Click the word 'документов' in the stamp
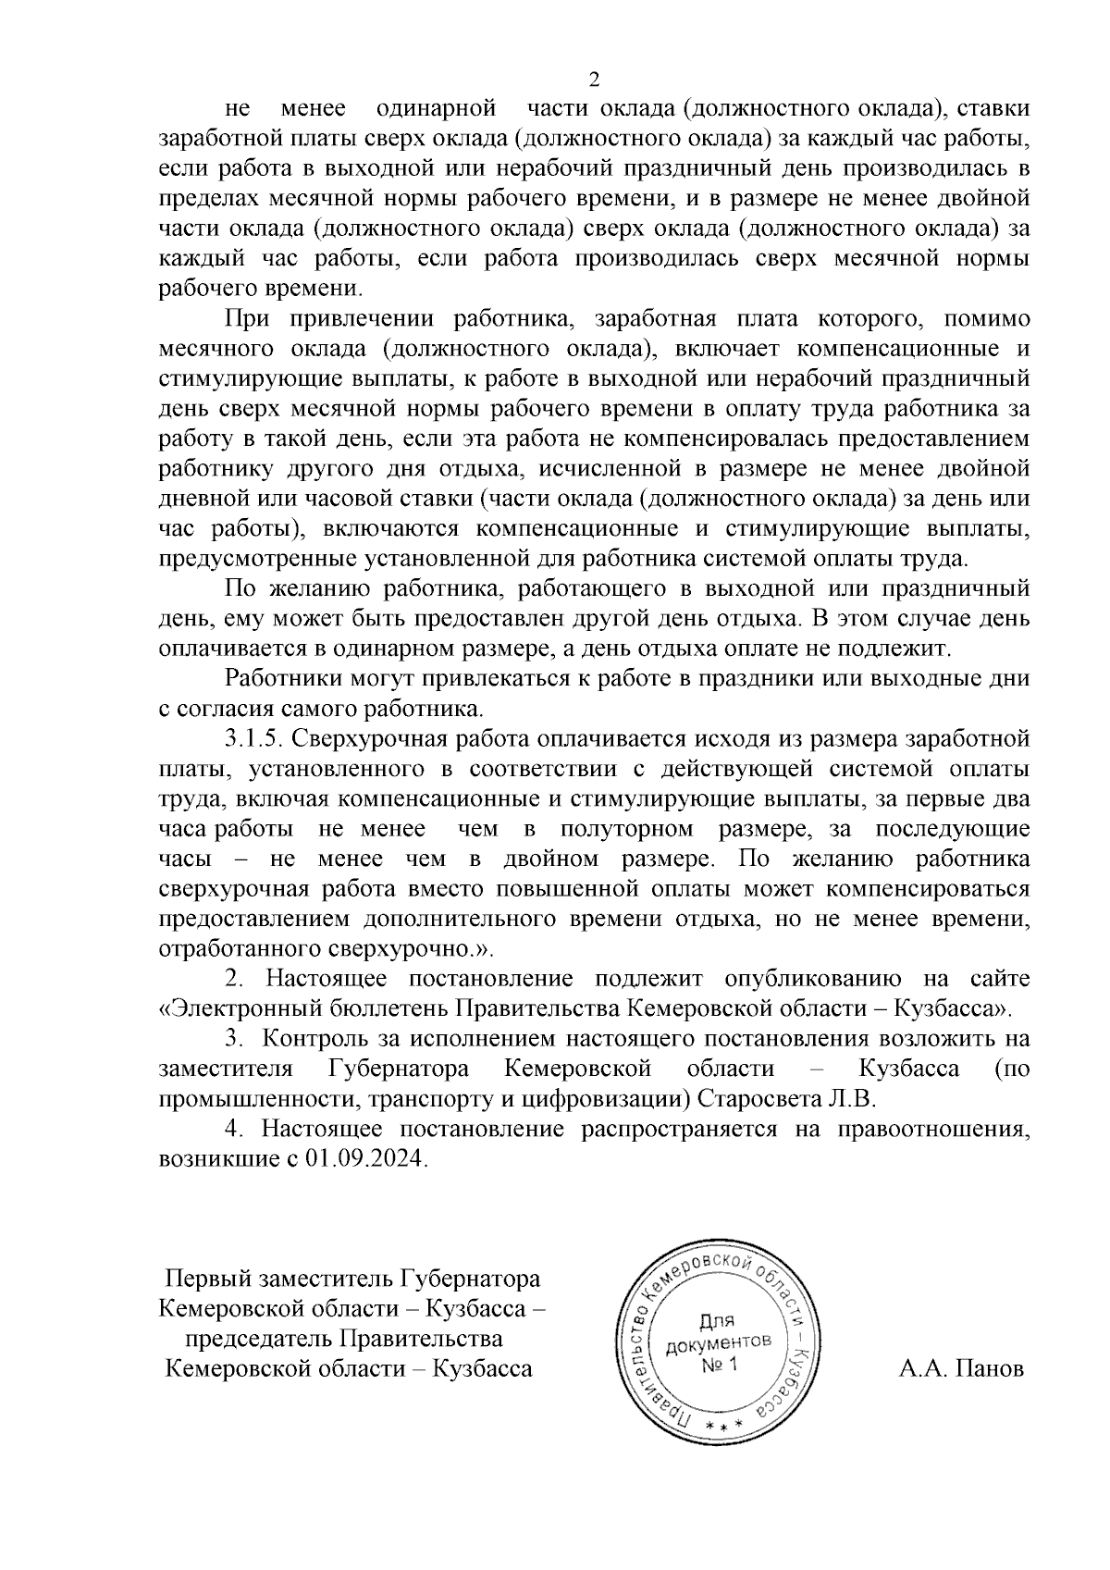click(x=719, y=1342)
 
